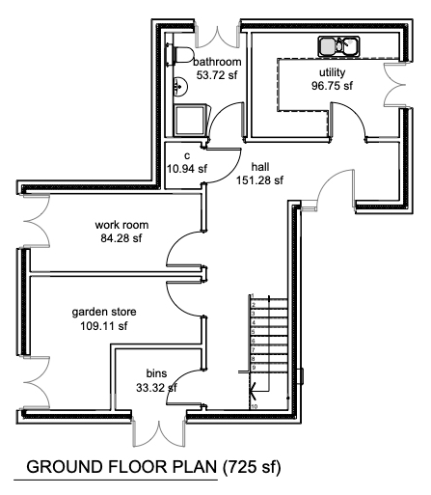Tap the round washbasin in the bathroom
point(180,86)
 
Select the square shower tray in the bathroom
point(190,121)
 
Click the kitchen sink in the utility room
point(338,46)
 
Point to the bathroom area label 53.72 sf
point(217,75)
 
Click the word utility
point(333,72)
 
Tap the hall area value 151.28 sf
point(259,180)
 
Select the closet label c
point(187,156)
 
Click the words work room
point(121,225)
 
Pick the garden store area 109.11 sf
point(103,326)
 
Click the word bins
point(156,373)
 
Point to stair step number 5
point(254,332)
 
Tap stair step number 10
point(254,406)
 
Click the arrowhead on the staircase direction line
point(253,392)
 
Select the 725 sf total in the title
point(252,467)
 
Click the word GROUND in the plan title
point(65,467)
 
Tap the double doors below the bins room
point(159,432)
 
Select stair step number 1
point(253,295)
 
